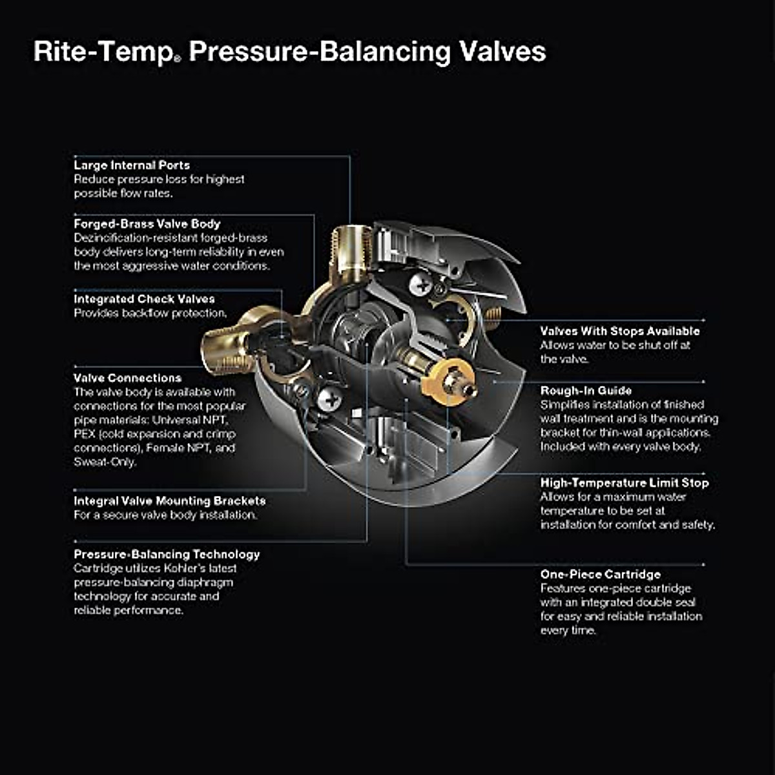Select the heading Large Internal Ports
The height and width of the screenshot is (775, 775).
pyautogui.click(x=132, y=165)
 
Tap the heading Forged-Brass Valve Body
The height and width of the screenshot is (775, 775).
pyautogui.click(x=147, y=224)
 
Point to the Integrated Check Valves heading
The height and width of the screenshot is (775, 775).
pyautogui.click(x=144, y=299)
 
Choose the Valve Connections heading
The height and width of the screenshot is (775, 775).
pyautogui.click(x=127, y=378)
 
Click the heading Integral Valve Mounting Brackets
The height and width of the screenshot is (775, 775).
pyautogui.click(x=169, y=501)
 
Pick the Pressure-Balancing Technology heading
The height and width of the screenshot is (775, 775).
pyautogui.click(x=167, y=554)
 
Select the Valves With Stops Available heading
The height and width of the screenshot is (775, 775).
pyautogui.click(x=619, y=331)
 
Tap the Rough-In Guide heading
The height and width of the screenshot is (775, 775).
pyautogui.click(x=586, y=390)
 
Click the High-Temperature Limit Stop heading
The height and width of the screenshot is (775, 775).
pyautogui.click(x=624, y=482)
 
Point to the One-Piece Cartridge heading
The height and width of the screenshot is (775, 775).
pyautogui.click(x=600, y=574)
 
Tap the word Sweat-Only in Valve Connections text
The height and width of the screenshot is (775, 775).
pyautogui.click(x=105, y=462)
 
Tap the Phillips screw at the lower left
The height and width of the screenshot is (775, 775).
pyautogui.click(x=329, y=398)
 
